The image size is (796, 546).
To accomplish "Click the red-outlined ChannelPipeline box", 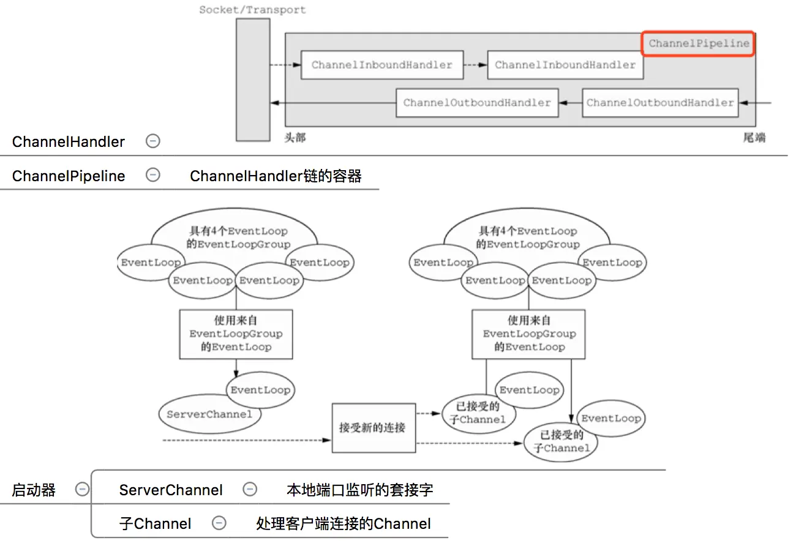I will (698, 43).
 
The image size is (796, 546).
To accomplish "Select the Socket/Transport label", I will (252, 10).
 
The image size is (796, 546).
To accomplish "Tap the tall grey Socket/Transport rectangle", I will (253, 80).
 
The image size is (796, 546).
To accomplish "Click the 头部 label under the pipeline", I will (295, 138).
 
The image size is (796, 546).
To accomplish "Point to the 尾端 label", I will (754, 138).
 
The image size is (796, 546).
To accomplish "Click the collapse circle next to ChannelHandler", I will (153, 141).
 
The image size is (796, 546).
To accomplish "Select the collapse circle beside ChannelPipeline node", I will (153, 176).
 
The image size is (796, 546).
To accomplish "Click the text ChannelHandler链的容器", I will (276, 176).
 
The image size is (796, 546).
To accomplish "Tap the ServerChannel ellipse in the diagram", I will (209, 414).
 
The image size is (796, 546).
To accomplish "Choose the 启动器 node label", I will (34, 490).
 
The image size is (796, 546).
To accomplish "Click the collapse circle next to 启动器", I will (82, 490).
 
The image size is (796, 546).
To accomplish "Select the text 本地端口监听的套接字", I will (359, 490).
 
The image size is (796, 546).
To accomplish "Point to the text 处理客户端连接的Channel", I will (343, 523).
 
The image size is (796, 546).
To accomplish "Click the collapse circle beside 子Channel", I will (219, 523).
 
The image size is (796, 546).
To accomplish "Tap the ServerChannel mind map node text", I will (171, 490).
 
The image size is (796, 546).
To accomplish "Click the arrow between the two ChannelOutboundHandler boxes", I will (569, 103).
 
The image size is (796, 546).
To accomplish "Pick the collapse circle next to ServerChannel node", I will (249, 490).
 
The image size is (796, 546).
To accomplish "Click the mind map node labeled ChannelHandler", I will (69, 142).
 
